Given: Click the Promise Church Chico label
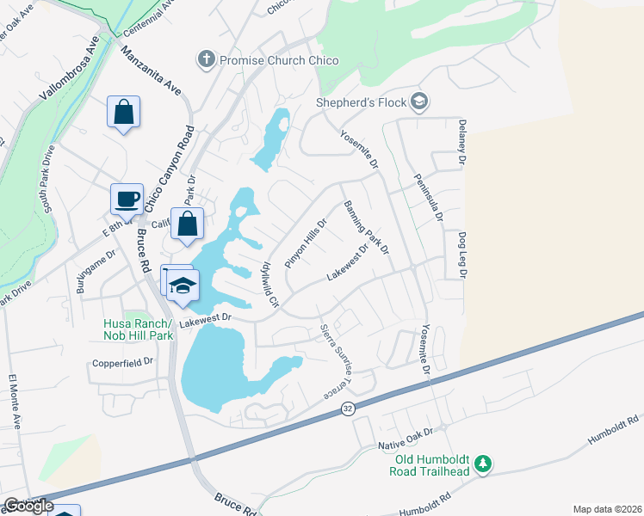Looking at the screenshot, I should [279, 60].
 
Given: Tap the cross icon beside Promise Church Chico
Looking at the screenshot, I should [206, 60].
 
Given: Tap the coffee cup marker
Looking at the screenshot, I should [127, 199].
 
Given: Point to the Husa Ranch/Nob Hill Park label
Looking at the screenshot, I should [139, 329].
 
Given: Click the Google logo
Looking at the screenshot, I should [28, 506].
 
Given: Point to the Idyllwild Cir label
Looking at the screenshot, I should [270, 284].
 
